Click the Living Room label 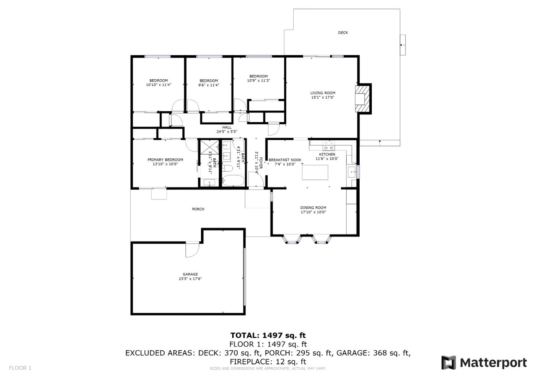coord(323,93)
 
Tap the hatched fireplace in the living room coord(363,99)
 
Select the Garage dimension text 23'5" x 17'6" coord(190,279)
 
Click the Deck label coord(343,33)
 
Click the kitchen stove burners coord(329,143)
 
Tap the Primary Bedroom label coord(165,160)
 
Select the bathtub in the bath coord(233,181)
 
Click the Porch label coord(198,209)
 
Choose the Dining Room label coord(313,208)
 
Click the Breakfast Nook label coord(285,160)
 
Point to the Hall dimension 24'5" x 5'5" coord(227,132)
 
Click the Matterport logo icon coord(449,363)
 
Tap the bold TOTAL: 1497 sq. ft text coord(268,335)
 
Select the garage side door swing coord(193,249)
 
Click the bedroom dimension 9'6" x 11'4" coord(208,85)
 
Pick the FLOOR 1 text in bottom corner coord(20,368)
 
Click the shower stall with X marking coord(209,147)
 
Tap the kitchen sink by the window coord(351,172)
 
